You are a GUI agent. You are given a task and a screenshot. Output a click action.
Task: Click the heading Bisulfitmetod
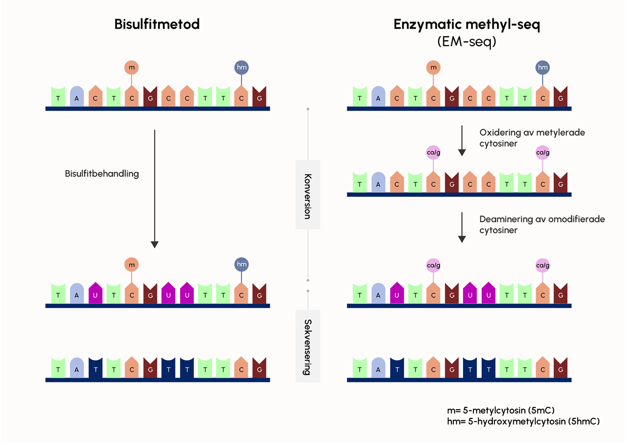pyautogui.click(x=157, y=24)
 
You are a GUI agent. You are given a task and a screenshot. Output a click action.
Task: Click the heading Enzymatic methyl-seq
pyautogui.click(x=467, y=25)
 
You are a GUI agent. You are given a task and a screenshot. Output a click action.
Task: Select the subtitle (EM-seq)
pyautogui.click(x=467, y=41)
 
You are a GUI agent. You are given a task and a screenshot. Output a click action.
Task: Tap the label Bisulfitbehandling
pyautogui.click(x=102, y=174)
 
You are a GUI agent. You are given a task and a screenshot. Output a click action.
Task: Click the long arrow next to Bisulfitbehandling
pyautogui.click(x=155, y=189)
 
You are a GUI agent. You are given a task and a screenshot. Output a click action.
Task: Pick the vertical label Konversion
pyautogui.click(x=308, y=196)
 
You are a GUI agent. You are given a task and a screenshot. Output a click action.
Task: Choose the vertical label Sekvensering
pyautogui.click(x=308, y=347)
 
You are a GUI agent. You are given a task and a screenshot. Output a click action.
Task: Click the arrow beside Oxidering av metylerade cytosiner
pyautogui.click(x=462, y=141)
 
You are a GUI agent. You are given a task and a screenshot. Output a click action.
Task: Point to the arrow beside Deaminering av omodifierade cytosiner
pyautogui.click(x=462, y=227)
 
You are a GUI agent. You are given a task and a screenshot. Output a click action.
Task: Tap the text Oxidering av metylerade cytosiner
pyautogui.click(x=532, y=138)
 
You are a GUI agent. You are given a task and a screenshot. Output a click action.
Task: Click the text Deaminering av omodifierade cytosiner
pyautogui.click(x=542, y=224)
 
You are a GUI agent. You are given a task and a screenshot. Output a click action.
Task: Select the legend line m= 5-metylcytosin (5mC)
pyautogui.click(x=501, y=410)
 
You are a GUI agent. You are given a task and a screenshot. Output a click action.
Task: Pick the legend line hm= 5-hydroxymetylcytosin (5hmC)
pyautogui.click(x=523, y=421)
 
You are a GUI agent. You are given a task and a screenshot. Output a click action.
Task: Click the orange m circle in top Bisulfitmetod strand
pyautogui.click(x=132, y=67)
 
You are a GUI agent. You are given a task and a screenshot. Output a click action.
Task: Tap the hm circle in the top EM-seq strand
pyautogui.click(x=543, y=67)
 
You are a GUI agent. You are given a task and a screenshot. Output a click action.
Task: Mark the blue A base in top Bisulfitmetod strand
pyautogui.click(x=77, y=96)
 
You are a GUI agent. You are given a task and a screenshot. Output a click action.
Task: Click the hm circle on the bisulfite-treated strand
pyautogui.click(x=241, y=264)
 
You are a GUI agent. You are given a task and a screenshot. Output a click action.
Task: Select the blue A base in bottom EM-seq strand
pyautogui.click(x=378, y=368)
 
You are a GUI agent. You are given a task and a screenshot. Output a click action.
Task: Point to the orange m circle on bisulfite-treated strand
pyautogui.click(x=132, y=264)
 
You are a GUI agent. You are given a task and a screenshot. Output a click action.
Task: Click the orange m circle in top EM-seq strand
pyautogui.click(x=433, y=67)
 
